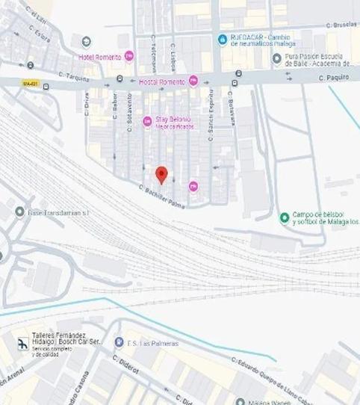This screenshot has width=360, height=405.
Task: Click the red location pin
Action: [161, 175]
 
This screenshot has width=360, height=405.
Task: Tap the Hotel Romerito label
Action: [100, 57]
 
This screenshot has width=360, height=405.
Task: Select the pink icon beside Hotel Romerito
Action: [129, 56]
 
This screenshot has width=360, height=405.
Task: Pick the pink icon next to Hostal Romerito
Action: [193, 81]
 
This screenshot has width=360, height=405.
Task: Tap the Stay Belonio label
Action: [173, 119]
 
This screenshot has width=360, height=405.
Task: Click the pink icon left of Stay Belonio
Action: [147, 121]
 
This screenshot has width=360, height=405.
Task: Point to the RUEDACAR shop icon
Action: [222, 39]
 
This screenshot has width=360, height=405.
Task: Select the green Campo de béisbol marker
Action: [284, 218]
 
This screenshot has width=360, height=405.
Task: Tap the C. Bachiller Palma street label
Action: [161, 196]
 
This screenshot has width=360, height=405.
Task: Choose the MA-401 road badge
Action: [31, 83]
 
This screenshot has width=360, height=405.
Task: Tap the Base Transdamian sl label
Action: [58, 212]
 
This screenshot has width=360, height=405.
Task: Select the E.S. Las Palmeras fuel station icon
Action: [119, 342]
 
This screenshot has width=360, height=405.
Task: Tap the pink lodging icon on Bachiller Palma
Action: [193, 186]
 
